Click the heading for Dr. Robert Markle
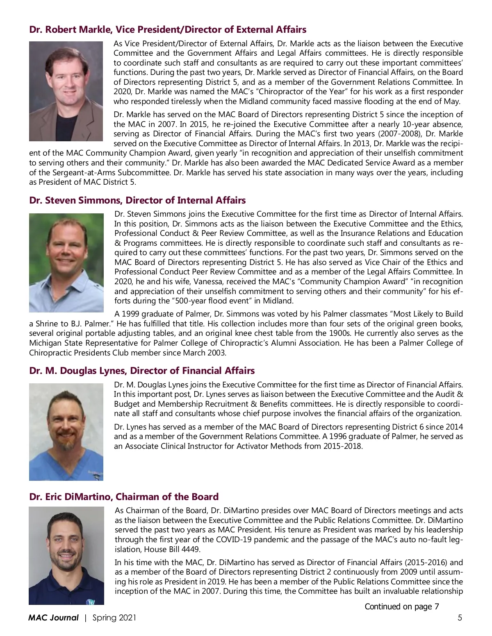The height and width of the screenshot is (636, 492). click(x=168, y=29)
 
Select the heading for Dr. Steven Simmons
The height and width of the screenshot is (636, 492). click(x=137, y=200)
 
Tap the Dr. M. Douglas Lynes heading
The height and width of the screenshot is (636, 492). click(x=142, y=371)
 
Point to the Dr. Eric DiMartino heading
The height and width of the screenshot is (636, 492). click(x=124, y=497)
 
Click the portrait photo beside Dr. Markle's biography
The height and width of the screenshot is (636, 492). click(x=66, y=91)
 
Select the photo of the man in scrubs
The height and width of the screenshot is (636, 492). click(x=66, y=432)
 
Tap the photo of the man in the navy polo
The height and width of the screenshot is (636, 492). click(x=66, y=555)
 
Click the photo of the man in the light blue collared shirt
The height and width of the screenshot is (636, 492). click(x=66, y=263)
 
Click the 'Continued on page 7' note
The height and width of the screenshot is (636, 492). click(x=402, y=607)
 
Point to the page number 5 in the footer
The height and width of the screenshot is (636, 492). click(x=460, y=618)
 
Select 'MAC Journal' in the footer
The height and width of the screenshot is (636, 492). click(x=53, y=618)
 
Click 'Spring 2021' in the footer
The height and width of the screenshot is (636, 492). click(x=114, y=618)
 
